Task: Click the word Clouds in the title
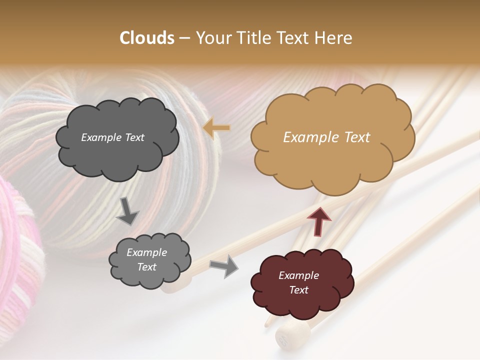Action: pos(147,37)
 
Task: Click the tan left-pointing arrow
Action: pos(216,128)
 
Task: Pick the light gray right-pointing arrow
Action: pos(223,266)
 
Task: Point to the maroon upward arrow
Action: pos(319,220)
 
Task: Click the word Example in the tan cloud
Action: pos(307,137)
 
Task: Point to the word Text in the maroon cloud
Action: pos(298,290)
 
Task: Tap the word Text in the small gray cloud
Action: pos(146,267)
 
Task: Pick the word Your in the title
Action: pos(211,37)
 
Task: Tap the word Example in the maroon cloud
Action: pos(298,275)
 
